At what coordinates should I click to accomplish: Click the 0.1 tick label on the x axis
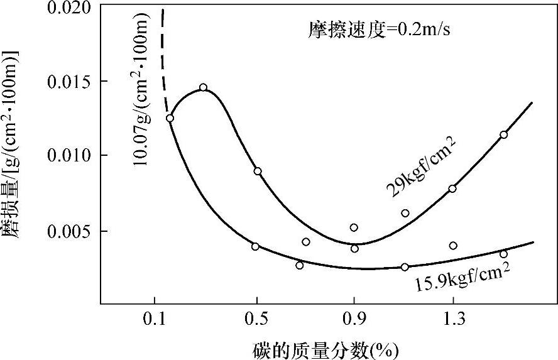(x=154, y=320)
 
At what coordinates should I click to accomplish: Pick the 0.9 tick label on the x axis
(x=354, y=320)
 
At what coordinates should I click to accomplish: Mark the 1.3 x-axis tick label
(x=453, y=320)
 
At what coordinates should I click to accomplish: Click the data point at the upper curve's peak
(x=203, y=88)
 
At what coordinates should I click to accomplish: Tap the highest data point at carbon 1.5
(x=503, y=134)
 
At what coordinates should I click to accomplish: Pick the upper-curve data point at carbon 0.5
(x=258, y=171)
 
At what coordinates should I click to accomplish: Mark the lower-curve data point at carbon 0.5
(x=255, y=246)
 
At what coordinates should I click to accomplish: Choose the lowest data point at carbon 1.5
(x=503, y=254)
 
